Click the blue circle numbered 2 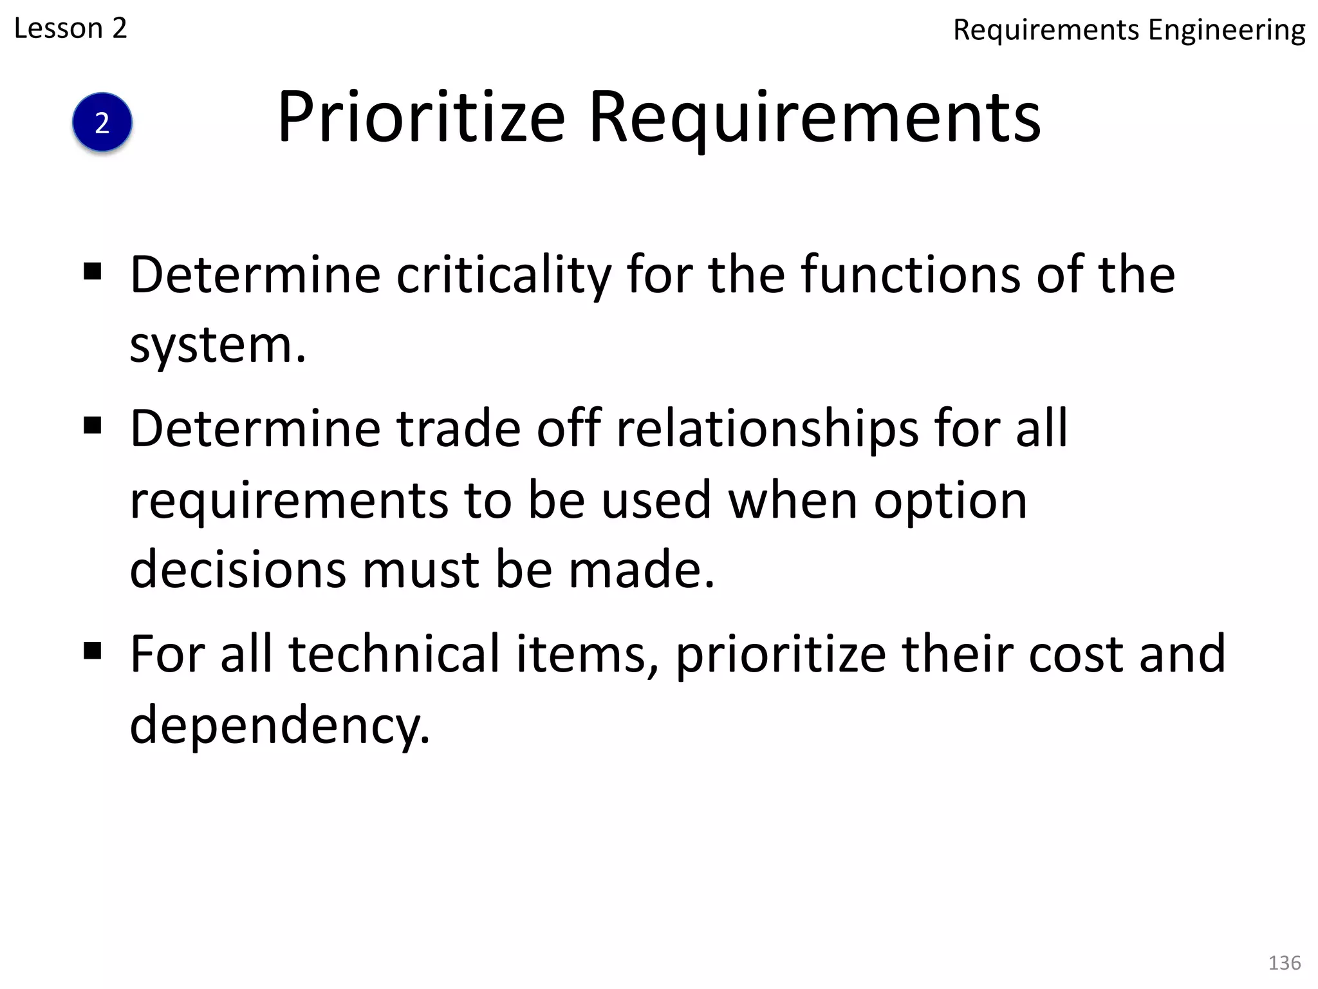[102, 122]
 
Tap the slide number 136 [1284, 963]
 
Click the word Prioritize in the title [421, 118]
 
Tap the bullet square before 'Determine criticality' [93, 272]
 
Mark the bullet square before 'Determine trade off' [93, 426]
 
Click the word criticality [503, 276]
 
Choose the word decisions [237, 570]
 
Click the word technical [394, 654]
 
